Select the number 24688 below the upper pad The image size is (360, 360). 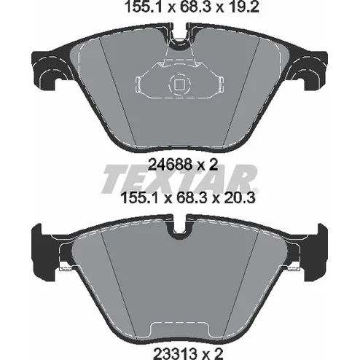point(170,164)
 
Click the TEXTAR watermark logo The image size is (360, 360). point(180,179)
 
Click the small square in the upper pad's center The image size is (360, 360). point(180,85)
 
